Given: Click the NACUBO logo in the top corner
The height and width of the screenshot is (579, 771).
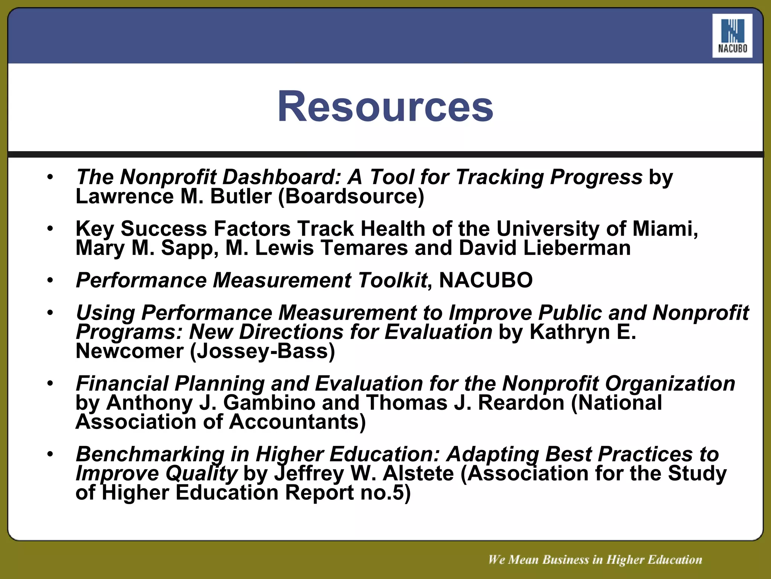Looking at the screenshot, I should tap(732, 36).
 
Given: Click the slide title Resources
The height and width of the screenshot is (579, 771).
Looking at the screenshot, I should tap(385, 107).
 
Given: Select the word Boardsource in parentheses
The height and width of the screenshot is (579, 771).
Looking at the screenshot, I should tap(351, 196).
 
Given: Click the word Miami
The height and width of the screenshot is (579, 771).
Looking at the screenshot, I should tap(665, 229).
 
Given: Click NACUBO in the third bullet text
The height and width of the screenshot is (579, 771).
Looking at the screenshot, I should tap(486, 280).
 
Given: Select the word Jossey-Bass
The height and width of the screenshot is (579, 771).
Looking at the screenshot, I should tap(262, 351).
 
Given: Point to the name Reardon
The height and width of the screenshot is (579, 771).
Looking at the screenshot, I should tap(521, 403).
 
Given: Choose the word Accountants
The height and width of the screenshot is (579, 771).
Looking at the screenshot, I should tap(297, 422).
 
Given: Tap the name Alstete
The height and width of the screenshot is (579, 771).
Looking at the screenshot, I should tap(418, 473).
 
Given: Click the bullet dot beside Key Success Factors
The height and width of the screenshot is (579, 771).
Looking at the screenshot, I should tap(50, 228).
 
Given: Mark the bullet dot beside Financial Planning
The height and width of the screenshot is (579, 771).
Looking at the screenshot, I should tap(50, 383).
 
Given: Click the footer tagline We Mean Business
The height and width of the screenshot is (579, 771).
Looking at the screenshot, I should tap(595, 560).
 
